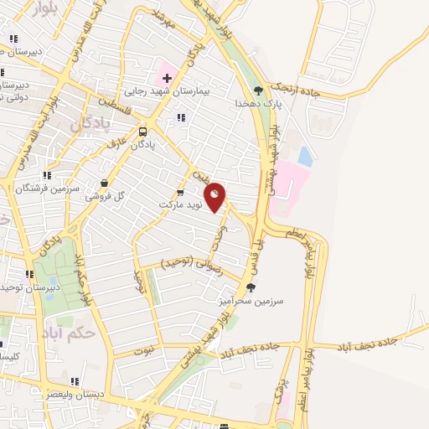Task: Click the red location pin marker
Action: [215, 197]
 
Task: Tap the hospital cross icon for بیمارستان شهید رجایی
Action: [168, 78]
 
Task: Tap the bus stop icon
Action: [143, 132]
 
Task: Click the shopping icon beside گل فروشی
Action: [104, 183]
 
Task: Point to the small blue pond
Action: [305, 156]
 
